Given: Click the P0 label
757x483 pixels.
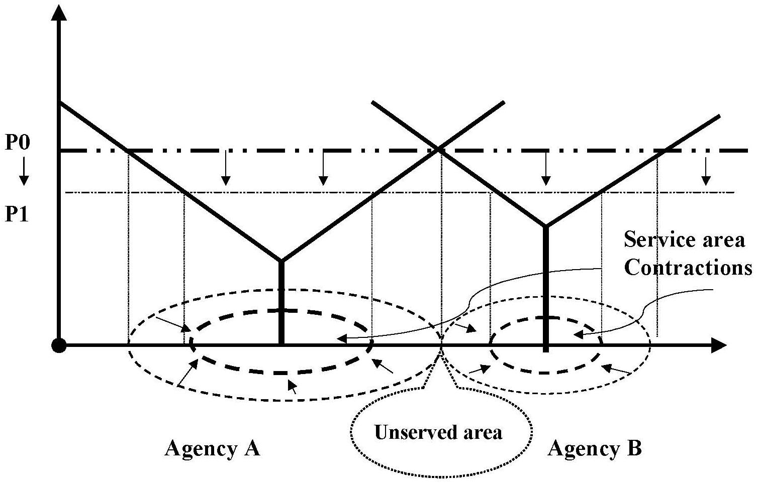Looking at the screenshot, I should [18, 143].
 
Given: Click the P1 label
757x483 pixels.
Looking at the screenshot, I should [18, 214].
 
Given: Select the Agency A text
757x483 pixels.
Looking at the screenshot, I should [212, 448].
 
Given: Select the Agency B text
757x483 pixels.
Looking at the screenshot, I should [595, 448].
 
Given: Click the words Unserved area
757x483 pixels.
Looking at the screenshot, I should [438, 432].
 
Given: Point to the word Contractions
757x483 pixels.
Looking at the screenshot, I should [688, 268].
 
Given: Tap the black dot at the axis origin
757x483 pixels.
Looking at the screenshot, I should [59, 345].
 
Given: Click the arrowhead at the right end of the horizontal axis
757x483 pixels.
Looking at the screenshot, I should [720, 345].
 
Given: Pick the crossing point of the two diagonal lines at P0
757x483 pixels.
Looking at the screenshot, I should [439, 149].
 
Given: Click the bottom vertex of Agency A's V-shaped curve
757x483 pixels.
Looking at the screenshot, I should [281, 261].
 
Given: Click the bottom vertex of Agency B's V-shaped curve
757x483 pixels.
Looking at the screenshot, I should [546, 226].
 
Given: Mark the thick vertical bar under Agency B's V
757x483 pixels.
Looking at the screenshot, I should [546, 286].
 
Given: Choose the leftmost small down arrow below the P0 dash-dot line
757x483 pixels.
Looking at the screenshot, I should [226, 169].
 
